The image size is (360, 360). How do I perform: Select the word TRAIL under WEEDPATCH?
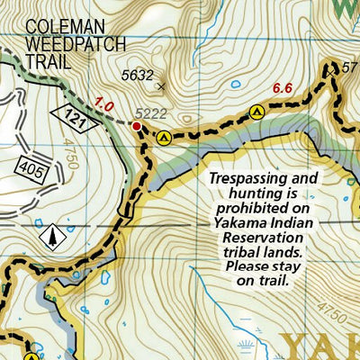(x=47, y=62)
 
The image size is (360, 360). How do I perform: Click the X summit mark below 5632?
(x=162, y=87)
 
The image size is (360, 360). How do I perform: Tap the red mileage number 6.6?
(x=283, y=87)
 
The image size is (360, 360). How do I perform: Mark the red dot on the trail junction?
(x=138, y=127)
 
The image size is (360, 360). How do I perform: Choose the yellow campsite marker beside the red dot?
(x=164, y=138)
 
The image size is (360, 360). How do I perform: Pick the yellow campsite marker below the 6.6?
(x=256, y=112)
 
